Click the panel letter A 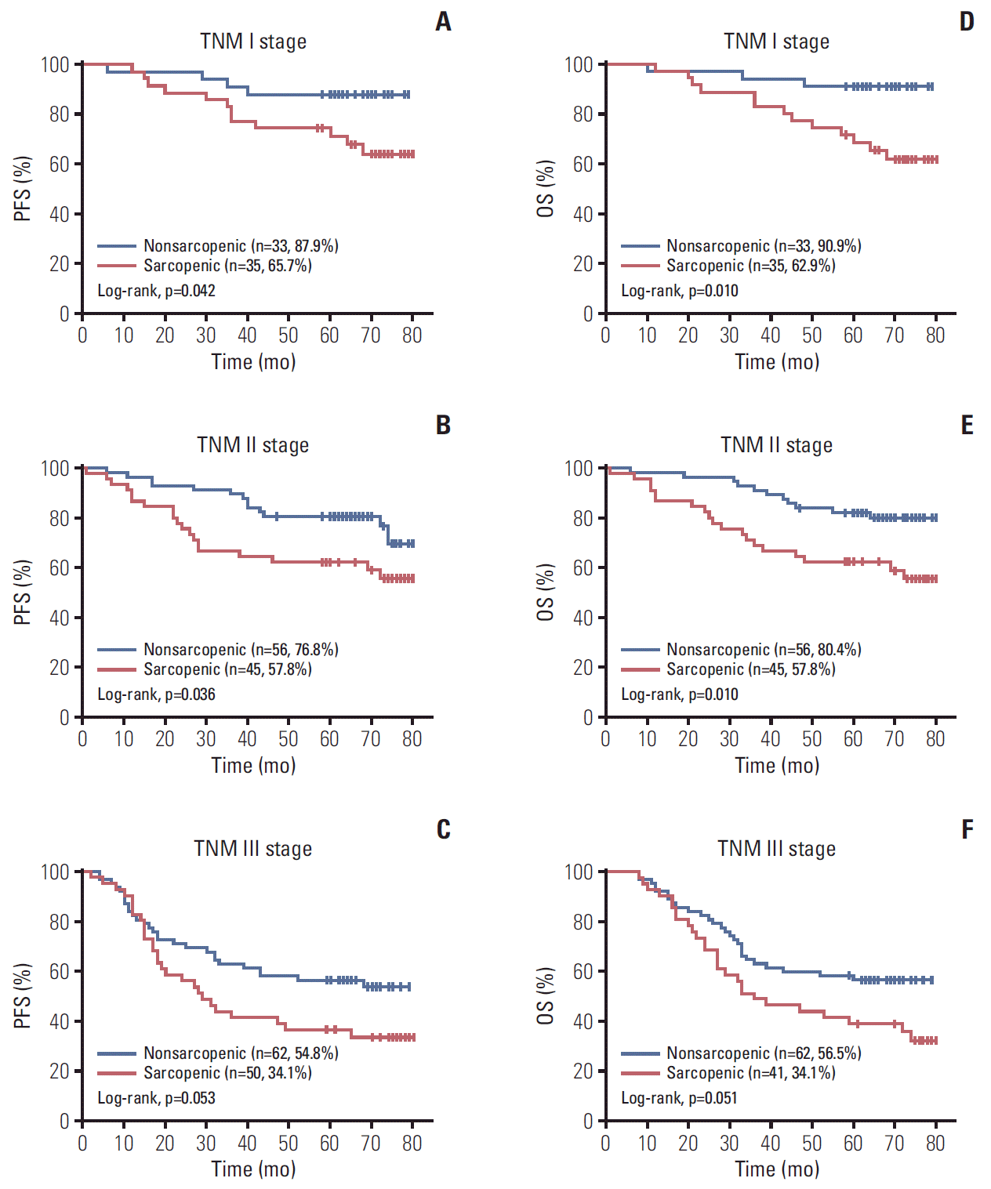click(443, 22)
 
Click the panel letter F click(967, 829)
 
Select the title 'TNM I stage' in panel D click(776, 42)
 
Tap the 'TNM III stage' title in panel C click(252, 849)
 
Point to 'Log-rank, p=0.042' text click(156, 291)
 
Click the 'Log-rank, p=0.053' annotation click(156, 1098)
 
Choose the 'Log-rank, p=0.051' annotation click(679, 1098)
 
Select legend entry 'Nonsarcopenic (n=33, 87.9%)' click(241, 246)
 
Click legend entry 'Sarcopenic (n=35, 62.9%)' click(750, 266)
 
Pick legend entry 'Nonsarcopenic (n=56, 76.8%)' click(241, 650)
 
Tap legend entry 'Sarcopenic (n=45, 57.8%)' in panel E click(750, 669)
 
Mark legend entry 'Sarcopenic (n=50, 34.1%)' click(227, 1073)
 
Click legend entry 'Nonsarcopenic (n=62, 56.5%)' click(764, 1053)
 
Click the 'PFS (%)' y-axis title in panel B click(23, 593)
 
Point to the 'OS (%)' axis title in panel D click(546, 189)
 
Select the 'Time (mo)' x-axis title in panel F click(777, 1169)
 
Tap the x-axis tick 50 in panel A click(288, 335)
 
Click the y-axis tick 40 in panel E click(583, 618)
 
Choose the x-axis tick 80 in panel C click(412, 1144)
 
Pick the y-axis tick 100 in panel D click(579, 64)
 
